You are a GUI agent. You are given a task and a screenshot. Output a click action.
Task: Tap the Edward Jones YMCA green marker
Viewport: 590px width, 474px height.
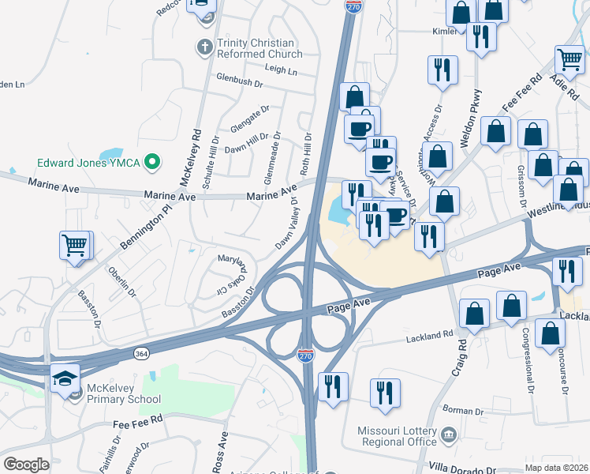[x=155, y=164]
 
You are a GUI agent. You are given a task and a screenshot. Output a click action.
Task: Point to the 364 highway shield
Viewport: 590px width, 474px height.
[x=140, y=352]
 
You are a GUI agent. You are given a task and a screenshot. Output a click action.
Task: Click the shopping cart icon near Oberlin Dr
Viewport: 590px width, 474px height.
[x=74, y=246]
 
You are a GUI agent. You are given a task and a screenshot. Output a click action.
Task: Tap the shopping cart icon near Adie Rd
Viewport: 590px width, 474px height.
[x=569, y=59]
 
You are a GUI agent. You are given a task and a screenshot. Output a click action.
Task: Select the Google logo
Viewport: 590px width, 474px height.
[x=26, y=464]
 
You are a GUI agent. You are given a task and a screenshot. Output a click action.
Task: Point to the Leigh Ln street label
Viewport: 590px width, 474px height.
[x=282, y=70]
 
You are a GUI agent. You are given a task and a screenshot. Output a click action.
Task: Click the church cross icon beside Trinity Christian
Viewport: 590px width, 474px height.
[x=204, y=47]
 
